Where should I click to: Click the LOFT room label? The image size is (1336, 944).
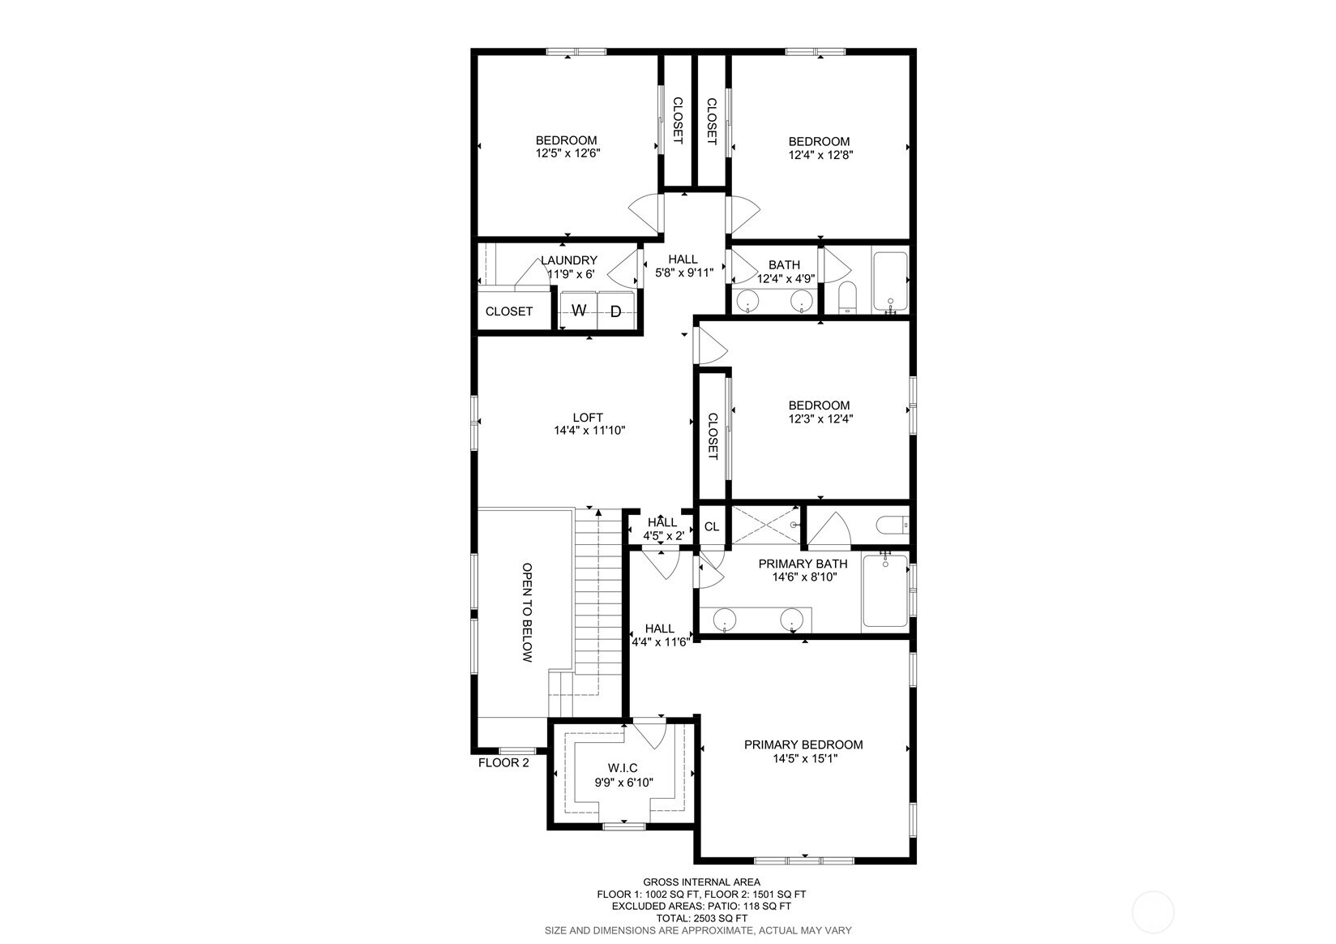(x=589, y=418)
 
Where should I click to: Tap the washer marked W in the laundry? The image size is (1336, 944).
(x=579, y=311)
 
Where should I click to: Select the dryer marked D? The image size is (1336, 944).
(x=616, y=311)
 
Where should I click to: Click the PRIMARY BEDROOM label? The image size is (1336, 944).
(x=803, y=744)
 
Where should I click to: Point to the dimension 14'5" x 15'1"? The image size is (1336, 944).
(x=804, y=759)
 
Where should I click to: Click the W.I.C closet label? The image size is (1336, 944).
(x=623, y=768)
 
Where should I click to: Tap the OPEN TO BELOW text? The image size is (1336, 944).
(x=527, y=613)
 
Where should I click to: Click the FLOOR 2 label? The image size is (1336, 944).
(x=503, y=762)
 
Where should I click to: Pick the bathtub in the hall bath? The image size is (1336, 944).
(x=889, y=282)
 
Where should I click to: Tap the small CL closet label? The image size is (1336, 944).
(x=712, y=527)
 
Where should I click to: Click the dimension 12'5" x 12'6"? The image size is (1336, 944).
(x=567, y=153)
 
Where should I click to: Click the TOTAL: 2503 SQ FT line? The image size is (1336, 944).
(x=701, y=918)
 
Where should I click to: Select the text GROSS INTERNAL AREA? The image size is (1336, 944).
(x=701, y=882)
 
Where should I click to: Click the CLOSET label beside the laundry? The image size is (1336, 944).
(x=509, y=311)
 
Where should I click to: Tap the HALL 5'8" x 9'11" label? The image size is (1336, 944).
(x=683, y=267)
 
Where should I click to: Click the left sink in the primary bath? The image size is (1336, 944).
(x=724, y=621)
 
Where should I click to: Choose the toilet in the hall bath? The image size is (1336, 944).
(x=846, y=298)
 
